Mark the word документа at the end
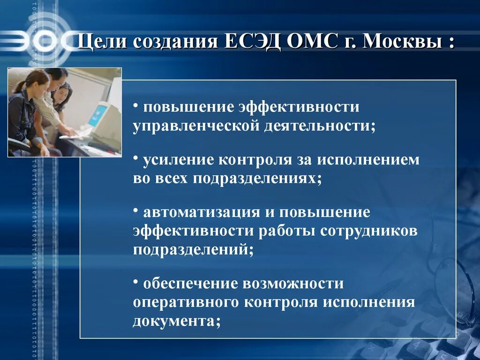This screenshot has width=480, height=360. coord(173,321)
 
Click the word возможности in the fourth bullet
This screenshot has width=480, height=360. coord(293,284)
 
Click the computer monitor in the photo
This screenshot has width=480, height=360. coord(101,117)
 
